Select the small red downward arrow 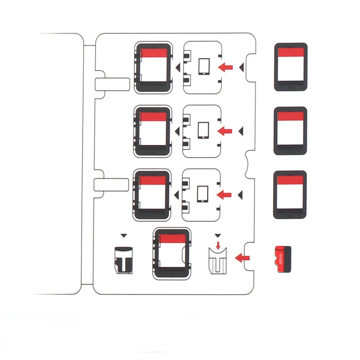218,245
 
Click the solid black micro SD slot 124,260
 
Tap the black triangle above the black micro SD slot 124,235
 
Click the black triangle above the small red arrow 218,235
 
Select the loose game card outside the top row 290,67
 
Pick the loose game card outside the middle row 290,130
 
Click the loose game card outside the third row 290,194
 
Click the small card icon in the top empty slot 204,67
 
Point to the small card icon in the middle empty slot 204,130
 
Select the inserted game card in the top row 153,67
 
